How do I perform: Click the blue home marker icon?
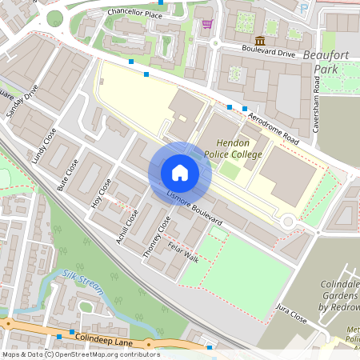(x=179, y=173)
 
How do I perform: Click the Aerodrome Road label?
(x=273, y=129)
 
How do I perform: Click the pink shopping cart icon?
(x=208, y=24)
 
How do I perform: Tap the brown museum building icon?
(x=260, y=41)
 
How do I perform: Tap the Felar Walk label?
(x=183, y=252)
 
